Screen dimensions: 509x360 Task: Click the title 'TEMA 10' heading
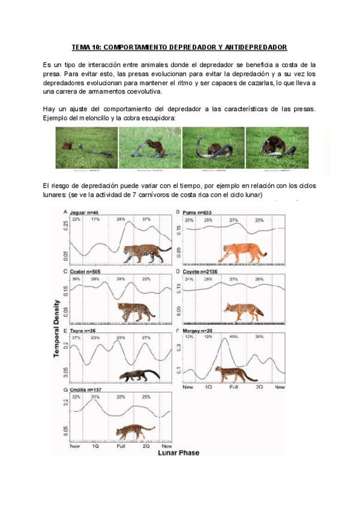click(x=179, y=47)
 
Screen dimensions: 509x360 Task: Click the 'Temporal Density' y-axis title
click(x=58, y=328)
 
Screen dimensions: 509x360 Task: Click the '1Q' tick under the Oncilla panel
click(x=95, y=447)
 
